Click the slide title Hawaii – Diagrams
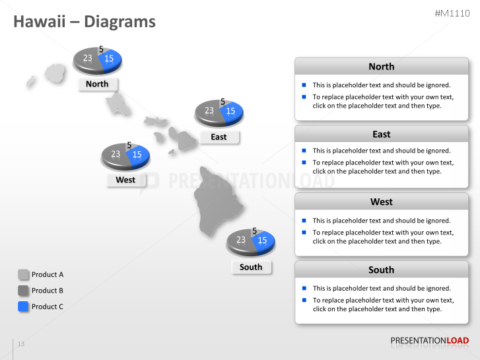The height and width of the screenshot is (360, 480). point(85,22)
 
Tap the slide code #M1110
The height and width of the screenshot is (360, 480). point(452,13)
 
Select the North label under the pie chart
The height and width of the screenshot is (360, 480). point(97,84)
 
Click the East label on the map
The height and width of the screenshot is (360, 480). point(219,137)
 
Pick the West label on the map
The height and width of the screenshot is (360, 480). point(125,180)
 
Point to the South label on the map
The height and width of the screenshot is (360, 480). point(251,267)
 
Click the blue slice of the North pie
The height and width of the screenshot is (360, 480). point(110,59)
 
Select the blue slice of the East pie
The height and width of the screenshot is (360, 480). point(231,112)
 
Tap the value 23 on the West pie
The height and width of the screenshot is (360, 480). point(116,154)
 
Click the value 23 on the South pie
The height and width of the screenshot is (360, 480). point(241,240)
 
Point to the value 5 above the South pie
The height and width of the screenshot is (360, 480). point(254,231)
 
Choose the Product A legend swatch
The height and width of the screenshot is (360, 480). point(24,275)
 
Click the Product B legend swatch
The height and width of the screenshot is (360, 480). point(24,291)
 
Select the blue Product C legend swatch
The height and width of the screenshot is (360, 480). point(24,306)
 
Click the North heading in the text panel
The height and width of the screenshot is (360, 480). point(381,66)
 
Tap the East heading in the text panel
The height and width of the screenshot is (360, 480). point(381,134)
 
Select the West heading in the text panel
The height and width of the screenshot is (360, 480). point(381,201)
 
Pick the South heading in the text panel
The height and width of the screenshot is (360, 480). point(381,270)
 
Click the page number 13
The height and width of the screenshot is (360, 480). point(21,344)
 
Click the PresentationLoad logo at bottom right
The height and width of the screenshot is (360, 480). point(429,341)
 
